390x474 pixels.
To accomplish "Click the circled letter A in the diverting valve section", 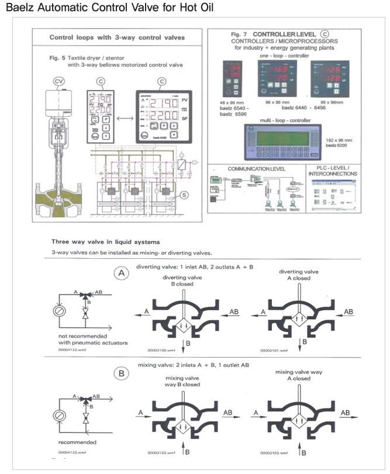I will (121, 272).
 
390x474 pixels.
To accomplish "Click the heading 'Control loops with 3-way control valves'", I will (117, 37).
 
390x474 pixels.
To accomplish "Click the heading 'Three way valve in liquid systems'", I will (106, 241).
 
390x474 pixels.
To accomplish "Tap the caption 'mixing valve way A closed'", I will (294, 375).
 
